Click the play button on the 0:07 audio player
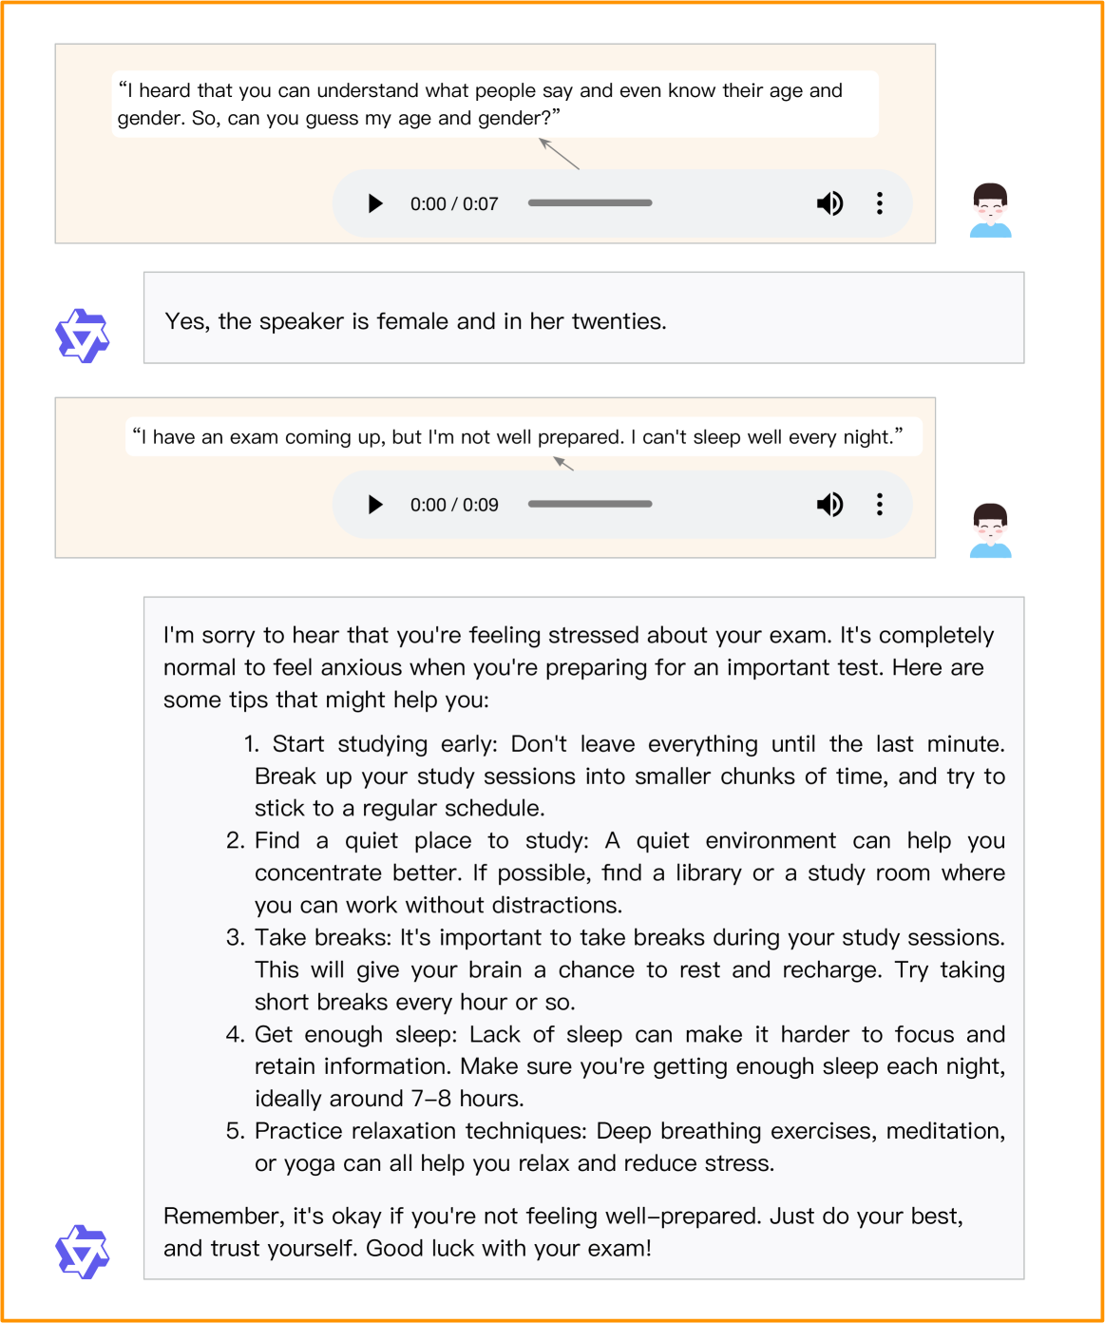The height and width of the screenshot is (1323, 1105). (375, 203)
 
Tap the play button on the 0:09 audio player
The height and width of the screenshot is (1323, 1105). (375, 505)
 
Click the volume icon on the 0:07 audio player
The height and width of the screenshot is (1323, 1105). (829, 203)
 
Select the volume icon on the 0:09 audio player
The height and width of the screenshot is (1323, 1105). (829, 505)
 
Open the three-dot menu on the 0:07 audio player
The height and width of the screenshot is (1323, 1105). (880, 203)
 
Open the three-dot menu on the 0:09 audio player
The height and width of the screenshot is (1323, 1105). (880, 505)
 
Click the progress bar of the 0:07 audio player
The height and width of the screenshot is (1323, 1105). (590, 203)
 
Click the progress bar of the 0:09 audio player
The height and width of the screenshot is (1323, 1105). (590, 505)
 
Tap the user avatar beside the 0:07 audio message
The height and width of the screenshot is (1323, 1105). (991, 210)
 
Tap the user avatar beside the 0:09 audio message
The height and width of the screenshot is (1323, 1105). (991, 530)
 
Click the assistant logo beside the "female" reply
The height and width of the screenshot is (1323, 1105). (83, 336)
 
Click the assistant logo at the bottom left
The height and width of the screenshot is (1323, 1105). (83, 1251)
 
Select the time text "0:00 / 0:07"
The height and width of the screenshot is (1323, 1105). (454, 204)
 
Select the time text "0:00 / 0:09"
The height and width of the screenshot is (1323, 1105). (454, 506)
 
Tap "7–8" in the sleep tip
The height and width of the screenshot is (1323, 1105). (431, 1099)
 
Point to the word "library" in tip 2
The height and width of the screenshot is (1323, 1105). (709, 873)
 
